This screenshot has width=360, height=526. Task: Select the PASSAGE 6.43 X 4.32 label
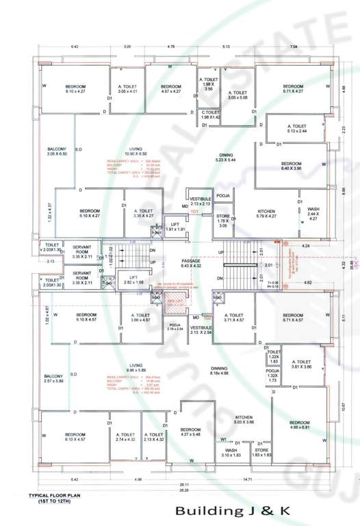tap(191, 262)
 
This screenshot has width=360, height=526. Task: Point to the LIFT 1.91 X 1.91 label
tap(176, 227)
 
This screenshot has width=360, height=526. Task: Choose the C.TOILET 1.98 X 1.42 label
tap(209, 114)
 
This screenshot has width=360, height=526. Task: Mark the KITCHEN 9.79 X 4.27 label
tap(266, 214)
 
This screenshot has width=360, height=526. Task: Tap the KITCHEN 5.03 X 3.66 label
tap(244, 420)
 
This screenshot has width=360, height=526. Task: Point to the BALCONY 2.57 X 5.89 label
tap(55, 377)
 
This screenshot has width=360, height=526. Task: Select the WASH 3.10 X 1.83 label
tap(231, 452)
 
